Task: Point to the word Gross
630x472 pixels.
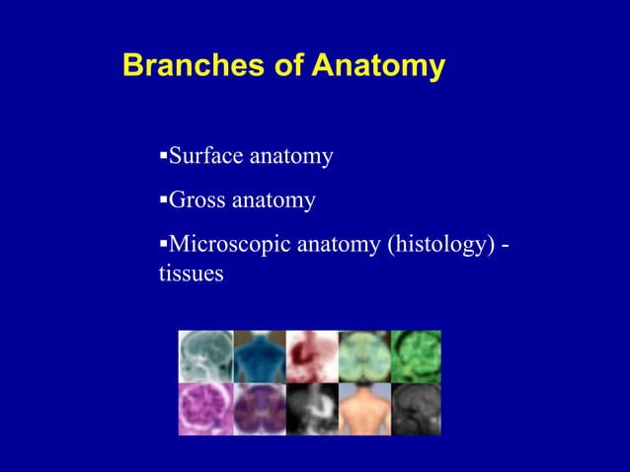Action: pos(197,200)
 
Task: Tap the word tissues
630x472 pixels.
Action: pos(191,274)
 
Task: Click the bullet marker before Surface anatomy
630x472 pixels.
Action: pos(163,156)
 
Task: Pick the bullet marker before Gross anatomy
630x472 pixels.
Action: pos(163,200)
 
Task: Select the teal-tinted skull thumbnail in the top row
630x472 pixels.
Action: pos(205,356)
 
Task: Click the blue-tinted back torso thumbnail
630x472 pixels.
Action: pos(259,356)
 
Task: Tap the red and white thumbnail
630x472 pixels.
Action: pos(312,356)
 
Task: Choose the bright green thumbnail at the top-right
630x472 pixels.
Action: pos(416,356)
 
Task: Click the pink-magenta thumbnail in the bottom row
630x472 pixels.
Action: pos(205,409)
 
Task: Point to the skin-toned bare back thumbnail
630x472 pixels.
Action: pos(364,409)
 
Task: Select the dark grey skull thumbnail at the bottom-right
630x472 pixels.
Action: pos(416,409)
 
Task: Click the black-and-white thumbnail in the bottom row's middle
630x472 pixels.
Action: pos(312,409)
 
